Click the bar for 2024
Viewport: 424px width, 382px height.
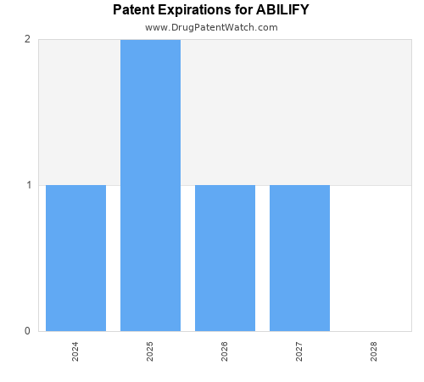coord(75,257)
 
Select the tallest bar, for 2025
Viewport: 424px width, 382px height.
coord(150,185)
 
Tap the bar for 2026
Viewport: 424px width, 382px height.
coord(225,257)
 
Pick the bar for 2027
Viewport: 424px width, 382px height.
coord(299,257)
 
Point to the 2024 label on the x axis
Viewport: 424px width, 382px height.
coord(75,351)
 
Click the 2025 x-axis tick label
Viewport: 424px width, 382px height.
coord(150,351)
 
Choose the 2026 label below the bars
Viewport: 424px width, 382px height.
coord(225,351)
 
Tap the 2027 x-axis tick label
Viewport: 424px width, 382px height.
coord(299,351)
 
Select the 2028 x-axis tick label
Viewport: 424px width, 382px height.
coord(374,351)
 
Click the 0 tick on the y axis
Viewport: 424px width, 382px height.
coord(27,331)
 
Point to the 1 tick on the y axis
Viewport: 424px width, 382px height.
coord(27,185)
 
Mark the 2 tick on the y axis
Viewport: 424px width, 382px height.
coord(27,39)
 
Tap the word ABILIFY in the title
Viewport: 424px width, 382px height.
coord(282,10)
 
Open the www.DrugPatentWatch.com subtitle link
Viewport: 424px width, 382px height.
coord(211,27)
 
